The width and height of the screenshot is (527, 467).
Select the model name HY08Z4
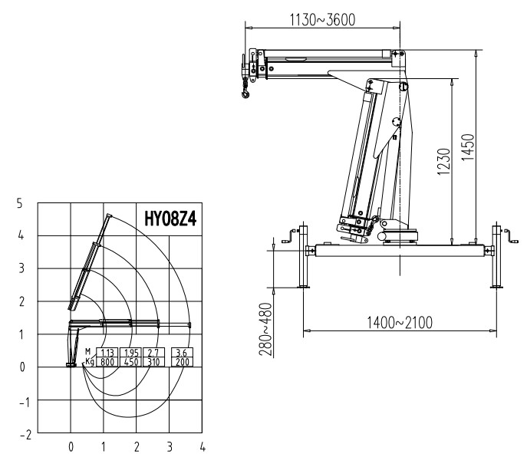pos(170,217)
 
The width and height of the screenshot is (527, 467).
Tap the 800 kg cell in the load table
pos(107,360)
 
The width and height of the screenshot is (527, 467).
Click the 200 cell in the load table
pos(181,360)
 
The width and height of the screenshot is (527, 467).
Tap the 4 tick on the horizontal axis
pos(203,446)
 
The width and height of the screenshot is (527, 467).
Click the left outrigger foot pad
pos(304,287)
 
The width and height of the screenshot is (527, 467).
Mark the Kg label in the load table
pos(90,360)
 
